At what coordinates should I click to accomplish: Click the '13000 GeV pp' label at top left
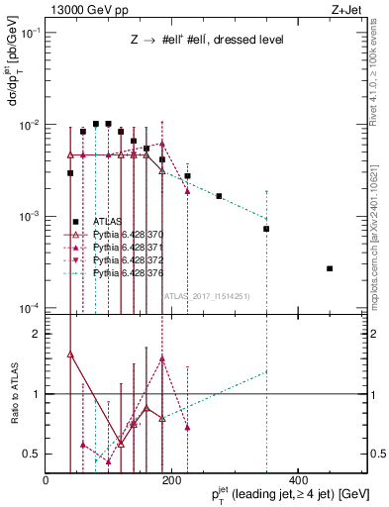pyautogui.click(x=80, y=10)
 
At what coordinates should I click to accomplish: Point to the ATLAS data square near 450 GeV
pyautogui.click(x=330, y=268)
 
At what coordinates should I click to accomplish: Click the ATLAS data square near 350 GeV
pyautogui.click(x=266, y=229)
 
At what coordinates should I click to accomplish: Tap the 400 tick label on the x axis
pyautogui.click(x=297, y=479)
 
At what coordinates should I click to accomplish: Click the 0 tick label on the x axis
pyautogui.click(x=46, y=479)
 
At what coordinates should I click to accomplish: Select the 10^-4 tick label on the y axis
pyautogui.click(x=30, y=308)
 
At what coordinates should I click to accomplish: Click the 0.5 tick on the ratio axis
pyautogui.click(x=33, y=454)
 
